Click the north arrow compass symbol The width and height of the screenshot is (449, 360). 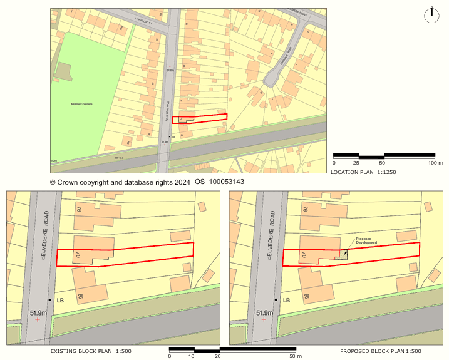tap(431, 15)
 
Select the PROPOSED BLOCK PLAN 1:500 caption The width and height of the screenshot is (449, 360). tap(380, 352)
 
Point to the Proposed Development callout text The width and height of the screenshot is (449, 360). tap(367, 240)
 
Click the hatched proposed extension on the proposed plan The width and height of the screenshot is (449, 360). tap(343, 254)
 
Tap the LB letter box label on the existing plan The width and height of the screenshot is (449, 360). tap(60, 301)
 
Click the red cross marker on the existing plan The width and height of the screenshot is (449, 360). tap(38, 320)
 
